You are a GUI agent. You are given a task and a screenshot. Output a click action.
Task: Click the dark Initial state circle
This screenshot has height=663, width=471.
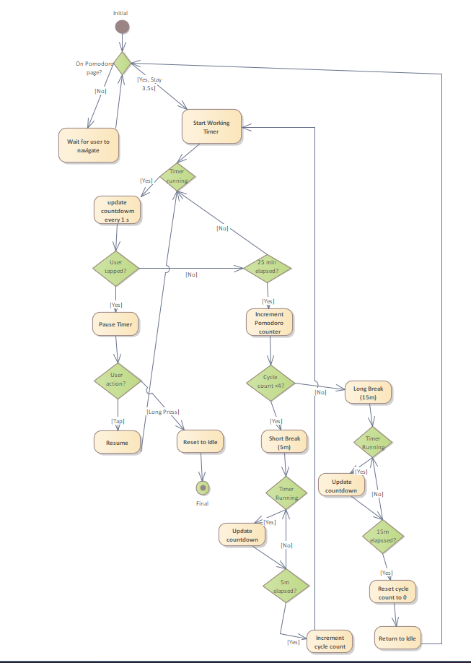tap(122, 27)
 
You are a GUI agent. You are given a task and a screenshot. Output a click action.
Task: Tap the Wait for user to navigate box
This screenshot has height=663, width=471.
tap(88, 146)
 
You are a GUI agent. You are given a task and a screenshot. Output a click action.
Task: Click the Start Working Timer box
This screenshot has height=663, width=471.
tap(211, 127)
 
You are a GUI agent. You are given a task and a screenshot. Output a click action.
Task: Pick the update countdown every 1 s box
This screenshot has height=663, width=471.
tap(118, 210)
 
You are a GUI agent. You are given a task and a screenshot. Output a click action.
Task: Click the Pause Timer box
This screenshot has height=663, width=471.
tap(115, 324)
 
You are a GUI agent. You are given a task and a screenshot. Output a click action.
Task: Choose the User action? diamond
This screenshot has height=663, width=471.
tap(116, 379)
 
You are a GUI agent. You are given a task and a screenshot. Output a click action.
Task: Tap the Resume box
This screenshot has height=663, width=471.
tap(117, 442)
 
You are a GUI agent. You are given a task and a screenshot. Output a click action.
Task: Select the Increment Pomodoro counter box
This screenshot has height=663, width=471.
tap(270, 323)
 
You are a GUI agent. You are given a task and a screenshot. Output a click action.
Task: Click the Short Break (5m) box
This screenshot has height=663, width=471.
tap(284, 442)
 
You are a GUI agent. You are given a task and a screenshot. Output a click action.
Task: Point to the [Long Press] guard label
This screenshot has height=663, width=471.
tap(163, 412)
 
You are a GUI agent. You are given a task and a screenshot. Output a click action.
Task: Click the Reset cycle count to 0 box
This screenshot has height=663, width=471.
tap(393, 593)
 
